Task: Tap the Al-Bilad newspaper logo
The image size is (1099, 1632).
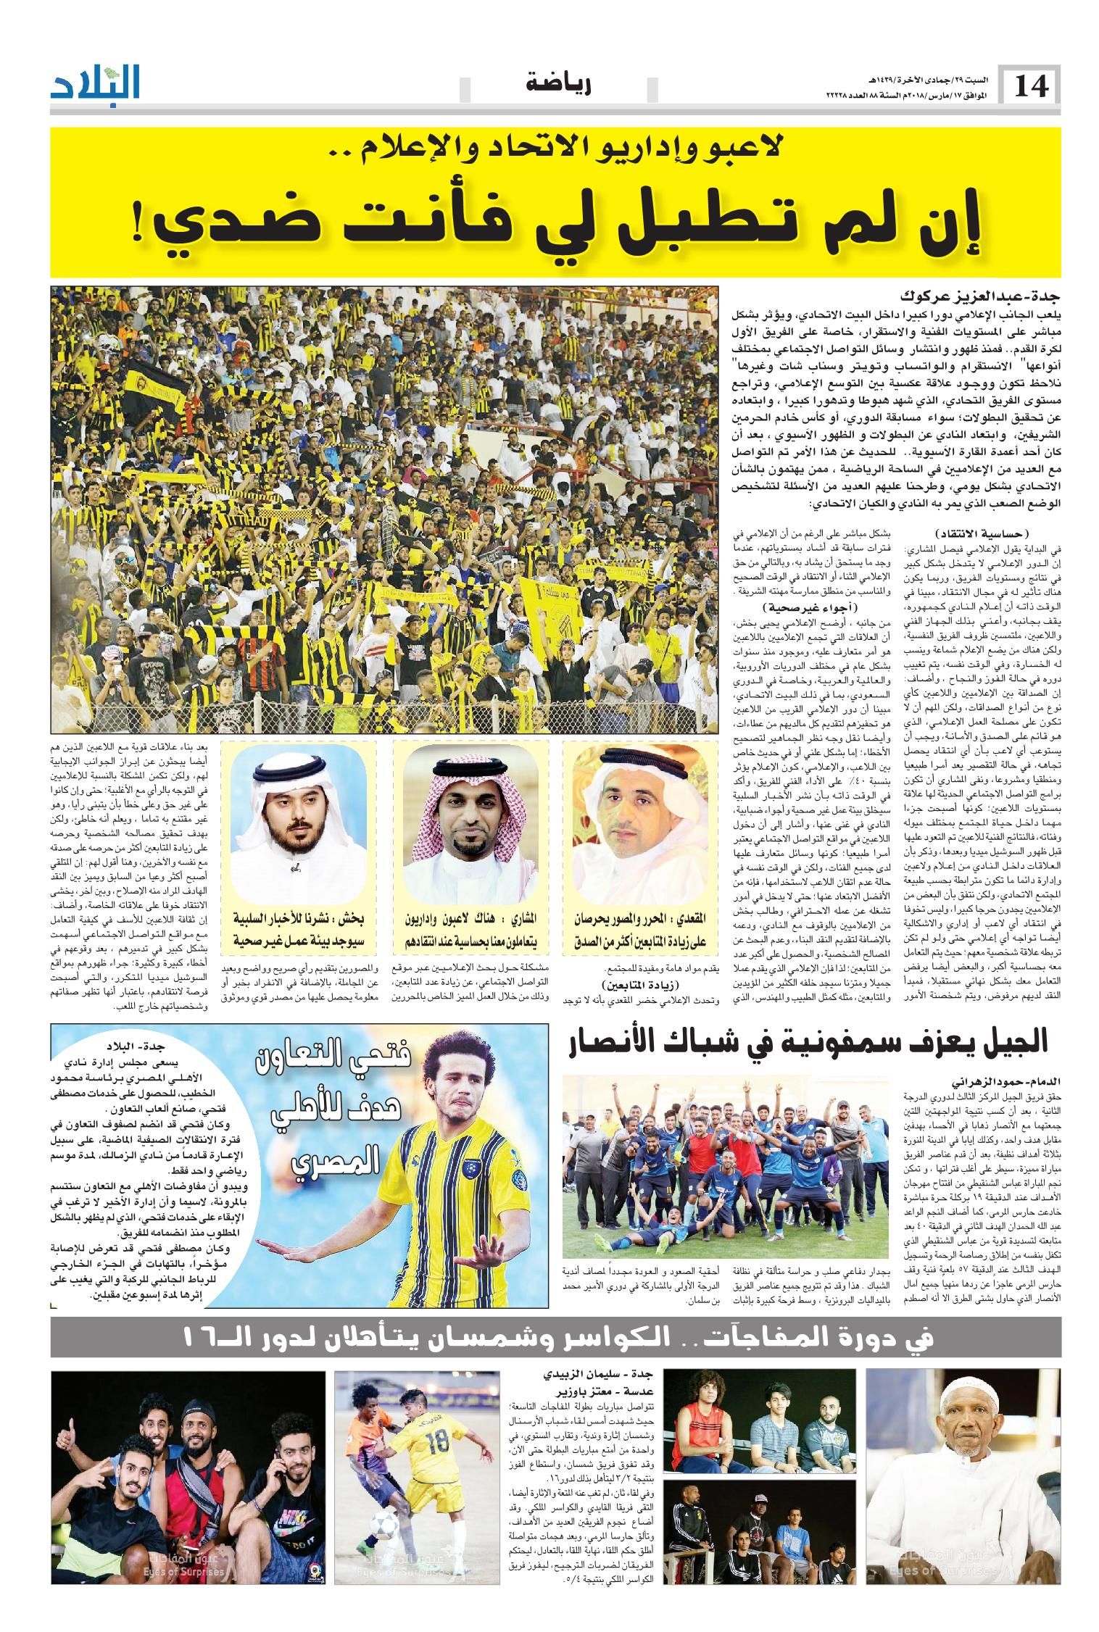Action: (x=96, y=84)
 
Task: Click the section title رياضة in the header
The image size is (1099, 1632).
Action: (x=559, y=85)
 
